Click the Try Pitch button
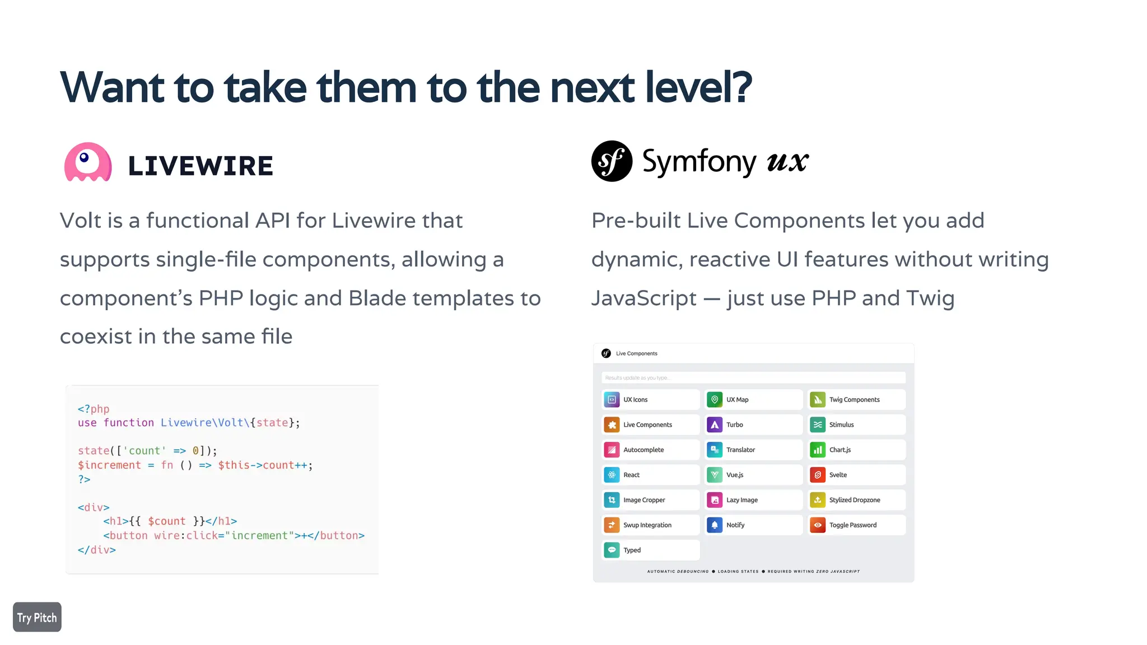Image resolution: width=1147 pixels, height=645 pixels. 37,617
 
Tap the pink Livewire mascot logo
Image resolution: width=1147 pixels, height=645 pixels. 88,162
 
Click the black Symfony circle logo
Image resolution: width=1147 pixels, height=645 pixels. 612,161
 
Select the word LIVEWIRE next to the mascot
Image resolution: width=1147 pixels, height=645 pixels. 201,166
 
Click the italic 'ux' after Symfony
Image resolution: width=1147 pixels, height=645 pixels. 787,162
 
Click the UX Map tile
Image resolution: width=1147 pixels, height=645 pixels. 753,400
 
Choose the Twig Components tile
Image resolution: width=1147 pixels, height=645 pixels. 856,400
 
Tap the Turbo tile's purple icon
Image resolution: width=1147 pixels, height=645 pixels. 715,425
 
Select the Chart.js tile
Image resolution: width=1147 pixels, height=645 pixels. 856,450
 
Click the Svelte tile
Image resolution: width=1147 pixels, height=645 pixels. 856,475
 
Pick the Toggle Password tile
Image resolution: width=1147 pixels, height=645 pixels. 856,525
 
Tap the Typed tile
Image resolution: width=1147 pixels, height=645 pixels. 650,550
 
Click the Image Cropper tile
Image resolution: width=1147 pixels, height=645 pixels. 650,500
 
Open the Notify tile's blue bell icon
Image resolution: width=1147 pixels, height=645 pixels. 715,525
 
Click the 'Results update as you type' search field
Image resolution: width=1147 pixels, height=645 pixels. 753,378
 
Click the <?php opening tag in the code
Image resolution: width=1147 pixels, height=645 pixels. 94,409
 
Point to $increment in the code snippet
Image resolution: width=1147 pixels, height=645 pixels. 109,465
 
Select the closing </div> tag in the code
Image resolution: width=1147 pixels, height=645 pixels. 97,550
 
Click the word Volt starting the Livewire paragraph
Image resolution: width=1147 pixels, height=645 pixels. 81,221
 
